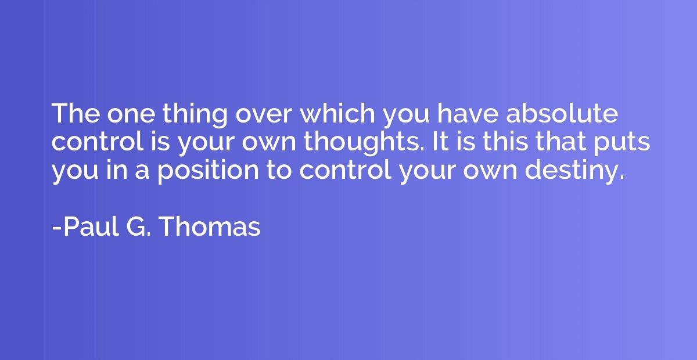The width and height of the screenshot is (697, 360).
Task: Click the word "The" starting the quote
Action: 76,113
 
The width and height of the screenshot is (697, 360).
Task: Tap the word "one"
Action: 131,116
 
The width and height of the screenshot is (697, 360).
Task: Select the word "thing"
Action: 195,115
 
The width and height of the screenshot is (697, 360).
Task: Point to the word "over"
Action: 264,116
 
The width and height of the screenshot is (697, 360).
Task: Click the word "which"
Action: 337,113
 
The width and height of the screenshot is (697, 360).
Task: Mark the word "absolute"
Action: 562,113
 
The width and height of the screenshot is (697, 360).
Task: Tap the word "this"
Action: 505,141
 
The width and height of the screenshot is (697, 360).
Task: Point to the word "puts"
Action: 621,143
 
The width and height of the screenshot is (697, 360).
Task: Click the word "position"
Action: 208,171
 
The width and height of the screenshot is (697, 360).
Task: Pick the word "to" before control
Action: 279,170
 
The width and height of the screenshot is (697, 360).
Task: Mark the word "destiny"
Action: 574,171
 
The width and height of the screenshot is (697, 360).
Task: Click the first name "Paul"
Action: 92,226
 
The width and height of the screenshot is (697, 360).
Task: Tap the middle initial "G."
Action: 139,226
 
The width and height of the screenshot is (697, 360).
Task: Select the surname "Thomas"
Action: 210,226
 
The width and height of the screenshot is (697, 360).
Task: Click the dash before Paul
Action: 57,229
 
